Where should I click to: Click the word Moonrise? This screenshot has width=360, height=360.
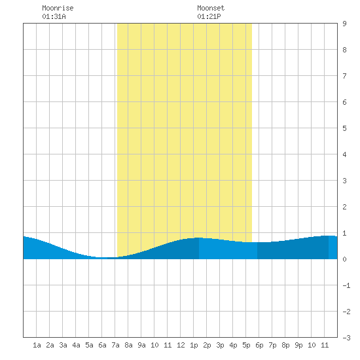tap(58, 8)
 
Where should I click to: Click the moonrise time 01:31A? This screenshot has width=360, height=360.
tap(54, 16)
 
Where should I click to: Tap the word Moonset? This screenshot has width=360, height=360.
tap(211, 8)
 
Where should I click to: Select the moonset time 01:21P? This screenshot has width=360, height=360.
tap(209, 16)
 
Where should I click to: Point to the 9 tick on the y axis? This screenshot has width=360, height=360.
tap(344, 24)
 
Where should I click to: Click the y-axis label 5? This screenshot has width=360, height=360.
tap(344, 128)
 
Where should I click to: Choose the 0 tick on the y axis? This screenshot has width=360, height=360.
tap(344, 259)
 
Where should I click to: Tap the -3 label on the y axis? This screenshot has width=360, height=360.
tap(346, 338)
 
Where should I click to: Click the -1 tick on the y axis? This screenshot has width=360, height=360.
tap(346, 285)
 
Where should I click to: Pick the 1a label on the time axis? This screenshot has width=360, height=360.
tap(37, 345)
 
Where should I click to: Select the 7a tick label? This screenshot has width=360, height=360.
tap(115, 345)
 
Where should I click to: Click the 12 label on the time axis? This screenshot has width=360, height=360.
tap(181, 345)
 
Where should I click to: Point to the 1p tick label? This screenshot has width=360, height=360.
tap(194, 345)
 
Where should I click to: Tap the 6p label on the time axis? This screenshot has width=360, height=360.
tap(259, 345)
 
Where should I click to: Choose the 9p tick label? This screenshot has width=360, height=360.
tap(298, 345)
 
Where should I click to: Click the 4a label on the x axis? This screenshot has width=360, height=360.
tap(76, 345)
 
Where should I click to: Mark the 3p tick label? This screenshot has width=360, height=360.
tap(220, 345)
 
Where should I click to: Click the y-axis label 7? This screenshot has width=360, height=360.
tap(344, 76)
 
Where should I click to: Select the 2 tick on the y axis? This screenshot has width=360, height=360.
tap(344, 207)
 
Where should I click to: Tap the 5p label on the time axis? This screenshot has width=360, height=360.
tap(246, 345)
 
